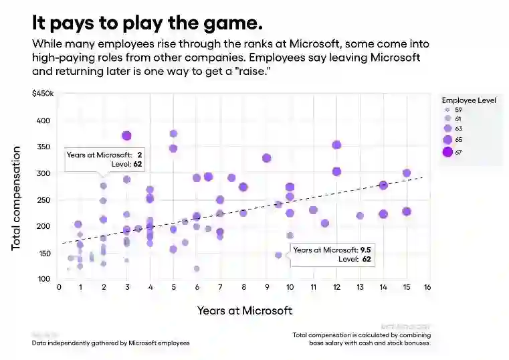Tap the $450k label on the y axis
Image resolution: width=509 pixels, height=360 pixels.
[x=42, y=94]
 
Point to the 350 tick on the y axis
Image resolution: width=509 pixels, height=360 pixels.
[x=43, y=147]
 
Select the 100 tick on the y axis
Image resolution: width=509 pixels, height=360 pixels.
[x=43, y=279]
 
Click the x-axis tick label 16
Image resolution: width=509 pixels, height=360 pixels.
[x=427, y=288]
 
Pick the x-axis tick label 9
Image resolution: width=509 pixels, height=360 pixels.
[x=266, y=288]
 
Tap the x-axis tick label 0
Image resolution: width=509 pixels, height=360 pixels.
[x=59, y=288]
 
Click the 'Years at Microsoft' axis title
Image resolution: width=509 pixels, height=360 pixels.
[x=245, y=310]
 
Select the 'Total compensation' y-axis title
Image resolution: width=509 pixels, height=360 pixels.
[x=16, y=199]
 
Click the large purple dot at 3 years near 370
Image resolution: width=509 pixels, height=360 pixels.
[x=126, y=136]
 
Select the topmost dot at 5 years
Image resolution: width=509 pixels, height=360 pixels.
[x=173, y=134]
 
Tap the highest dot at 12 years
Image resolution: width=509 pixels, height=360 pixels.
[x=336, y=145]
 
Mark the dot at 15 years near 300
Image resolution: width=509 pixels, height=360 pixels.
[x=406, y=173]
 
